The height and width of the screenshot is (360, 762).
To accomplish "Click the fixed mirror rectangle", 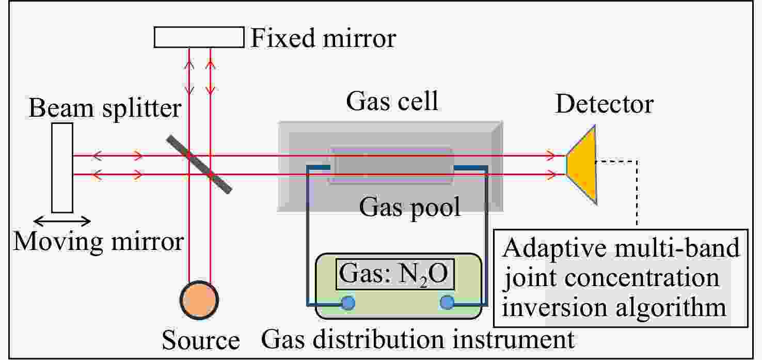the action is coord(199,37).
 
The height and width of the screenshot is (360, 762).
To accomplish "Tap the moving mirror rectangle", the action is coord(62,168).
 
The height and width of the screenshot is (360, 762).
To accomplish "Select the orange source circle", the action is coord(199,300).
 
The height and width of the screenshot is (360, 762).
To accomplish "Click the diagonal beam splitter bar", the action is coord(199,164).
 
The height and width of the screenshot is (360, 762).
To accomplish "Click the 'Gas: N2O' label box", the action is coord(395,274).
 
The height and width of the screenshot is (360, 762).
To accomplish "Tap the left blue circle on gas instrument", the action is coord(348,303).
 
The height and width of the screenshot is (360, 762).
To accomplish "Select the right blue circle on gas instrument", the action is coord(447,302).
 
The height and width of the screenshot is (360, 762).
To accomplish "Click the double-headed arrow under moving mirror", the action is coord(62,222).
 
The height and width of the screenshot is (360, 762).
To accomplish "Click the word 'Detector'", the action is coord(605,104).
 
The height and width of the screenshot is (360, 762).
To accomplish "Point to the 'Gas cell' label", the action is coord(392,101).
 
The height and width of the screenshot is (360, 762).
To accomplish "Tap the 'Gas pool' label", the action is coord(410,207).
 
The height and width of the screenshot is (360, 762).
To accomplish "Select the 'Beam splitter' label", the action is coord(105,108).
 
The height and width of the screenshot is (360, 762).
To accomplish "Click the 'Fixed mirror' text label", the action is coord(323,38).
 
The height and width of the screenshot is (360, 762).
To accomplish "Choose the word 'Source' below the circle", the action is coord(201,340).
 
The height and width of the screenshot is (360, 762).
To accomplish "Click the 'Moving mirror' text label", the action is coord(99,242).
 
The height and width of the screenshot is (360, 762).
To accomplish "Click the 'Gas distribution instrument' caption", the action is coord(418,339).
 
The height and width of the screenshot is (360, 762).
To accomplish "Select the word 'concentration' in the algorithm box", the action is coord(642,278).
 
